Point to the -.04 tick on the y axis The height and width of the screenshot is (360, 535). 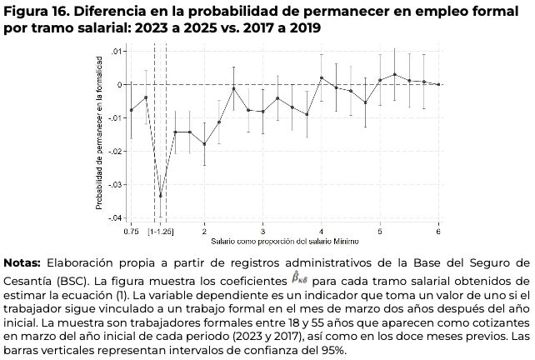click(x=117, y=217)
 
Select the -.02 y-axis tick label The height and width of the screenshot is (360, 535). click(x=117, y=151)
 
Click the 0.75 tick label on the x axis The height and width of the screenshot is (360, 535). click(x=131, y=230)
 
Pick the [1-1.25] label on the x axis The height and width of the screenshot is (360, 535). click(x=161, y=230)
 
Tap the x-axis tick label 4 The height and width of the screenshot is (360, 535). click(x=322, y=230)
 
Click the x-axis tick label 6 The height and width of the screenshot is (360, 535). click(x=438, y=230)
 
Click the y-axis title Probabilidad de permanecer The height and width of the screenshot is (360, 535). click(x=99, y=133)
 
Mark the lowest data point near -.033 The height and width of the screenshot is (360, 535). click(x=161, y=196)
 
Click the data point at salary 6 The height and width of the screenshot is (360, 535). click(x=438, y=84)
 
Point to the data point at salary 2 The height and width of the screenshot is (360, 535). click(x=205, y=144)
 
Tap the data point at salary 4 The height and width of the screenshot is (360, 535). click(x=322, y=77)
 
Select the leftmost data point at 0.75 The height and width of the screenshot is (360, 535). click(x=132, y=110)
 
